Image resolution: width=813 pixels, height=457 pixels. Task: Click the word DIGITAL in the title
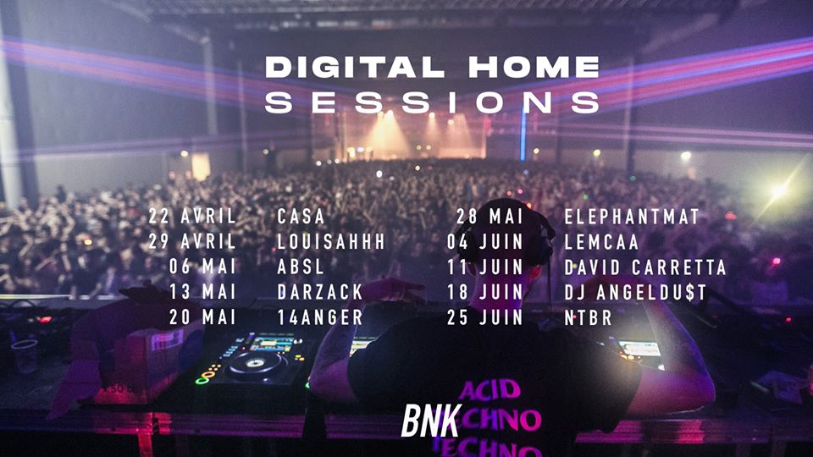[x=355, y=68]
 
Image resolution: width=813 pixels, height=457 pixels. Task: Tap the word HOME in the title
[x=534, y=68]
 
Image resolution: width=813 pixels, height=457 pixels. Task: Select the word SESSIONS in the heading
[x=433, y=102]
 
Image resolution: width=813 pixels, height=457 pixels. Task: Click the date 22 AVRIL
[x=192, y=216]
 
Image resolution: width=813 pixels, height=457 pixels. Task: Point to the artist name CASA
[x=301, y=216]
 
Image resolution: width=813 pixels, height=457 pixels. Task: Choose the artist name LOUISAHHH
[x=331, y=241]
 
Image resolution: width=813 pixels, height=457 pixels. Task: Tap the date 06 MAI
[x=202, y=267]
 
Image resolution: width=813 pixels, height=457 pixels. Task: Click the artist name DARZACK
[x=320, y=292]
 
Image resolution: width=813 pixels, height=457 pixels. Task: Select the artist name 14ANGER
[x=320, y=317]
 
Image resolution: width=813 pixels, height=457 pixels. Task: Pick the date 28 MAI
[x=490, y=216]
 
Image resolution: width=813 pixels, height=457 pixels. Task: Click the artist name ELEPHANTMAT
[x=632, y=216]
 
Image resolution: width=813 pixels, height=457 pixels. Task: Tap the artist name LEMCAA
[x=601, y=241]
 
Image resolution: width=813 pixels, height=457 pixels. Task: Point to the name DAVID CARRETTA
[x=645, y=267]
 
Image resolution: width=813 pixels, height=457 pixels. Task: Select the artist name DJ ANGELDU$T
[x=636, y=292]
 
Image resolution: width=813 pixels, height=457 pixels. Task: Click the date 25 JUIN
[x=485, y=317]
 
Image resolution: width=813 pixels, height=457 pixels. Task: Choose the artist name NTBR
[x=588, y=317]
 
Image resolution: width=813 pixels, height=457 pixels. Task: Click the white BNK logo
[x=431, y=421]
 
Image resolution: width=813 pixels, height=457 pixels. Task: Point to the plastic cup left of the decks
[x=25, y=355]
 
